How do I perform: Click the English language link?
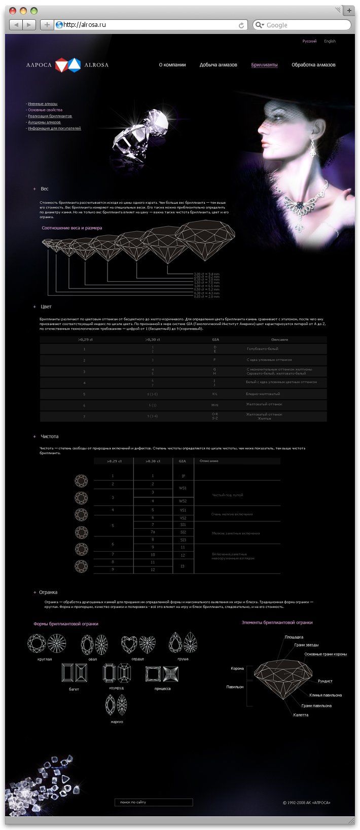(x=330, y=41)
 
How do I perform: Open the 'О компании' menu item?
(x=172, y=65)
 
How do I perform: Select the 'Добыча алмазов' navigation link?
(x=218, y=65)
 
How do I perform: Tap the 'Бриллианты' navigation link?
(x=264, y=65)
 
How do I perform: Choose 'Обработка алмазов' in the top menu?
(x=313, y=65)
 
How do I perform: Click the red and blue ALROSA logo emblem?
(x=68, y=64)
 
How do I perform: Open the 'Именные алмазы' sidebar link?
(x=43, y=104)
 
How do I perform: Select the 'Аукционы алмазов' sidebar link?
(x=44, y=122)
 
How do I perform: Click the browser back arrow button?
(x=16, y=24)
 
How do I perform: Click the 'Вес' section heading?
(x=45, y=189)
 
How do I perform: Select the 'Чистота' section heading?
(x=50, y=436)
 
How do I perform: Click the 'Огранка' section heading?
(x=48, y=592)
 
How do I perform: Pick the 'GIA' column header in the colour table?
(x=215, y=339)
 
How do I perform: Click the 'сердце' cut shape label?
(x=137, y=659)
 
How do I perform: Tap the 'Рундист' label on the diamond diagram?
(x=325, y=681)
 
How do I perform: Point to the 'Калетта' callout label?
(x=301, y=715)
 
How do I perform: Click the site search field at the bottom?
(x=154, y=802)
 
